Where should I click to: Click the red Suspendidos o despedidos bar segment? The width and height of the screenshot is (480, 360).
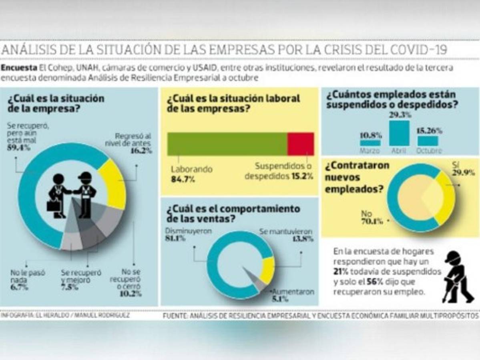[300, 144]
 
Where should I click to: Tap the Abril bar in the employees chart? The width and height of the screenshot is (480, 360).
[399, 133]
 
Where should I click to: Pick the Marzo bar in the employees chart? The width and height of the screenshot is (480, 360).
[370, 142]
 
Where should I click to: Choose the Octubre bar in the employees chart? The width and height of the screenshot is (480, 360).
[427, 141]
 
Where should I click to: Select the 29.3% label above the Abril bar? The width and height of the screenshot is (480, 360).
[399, 114]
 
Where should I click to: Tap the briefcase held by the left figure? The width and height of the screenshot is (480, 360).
[53, 206]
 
